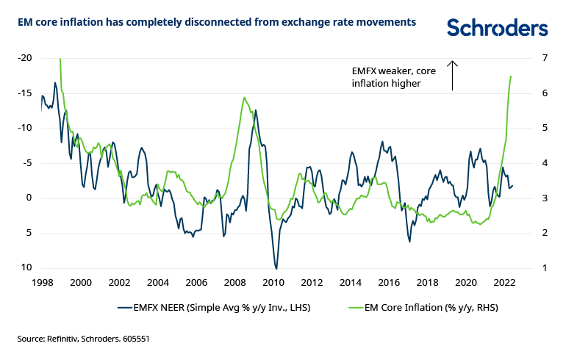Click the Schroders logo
click(x=497, y=28)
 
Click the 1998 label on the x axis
click(x=42, y=282)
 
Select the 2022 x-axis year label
click(x=504, y=282)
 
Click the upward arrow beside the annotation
click(x=453, y=75)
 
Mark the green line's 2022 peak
click(x=511, y=76)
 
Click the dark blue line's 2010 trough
click(x=276, y=268)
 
